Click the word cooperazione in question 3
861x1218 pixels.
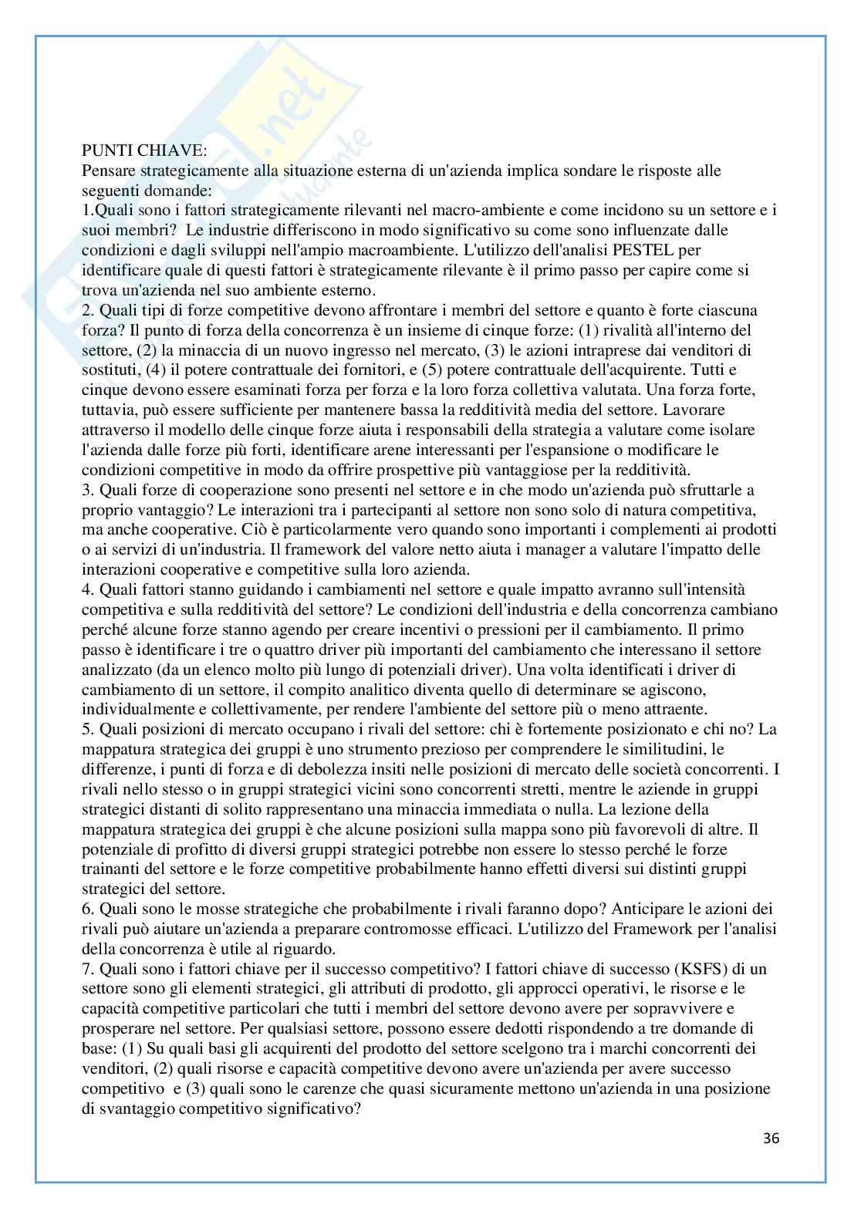coord(229,489)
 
